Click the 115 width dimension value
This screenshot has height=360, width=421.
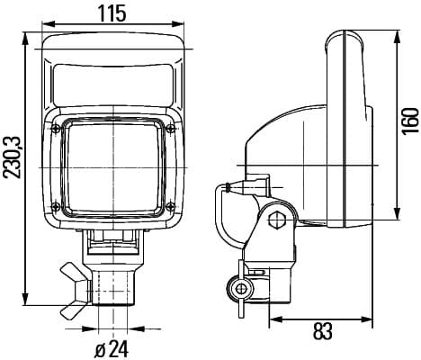(112, 13)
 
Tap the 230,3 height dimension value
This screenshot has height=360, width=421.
(13, 157)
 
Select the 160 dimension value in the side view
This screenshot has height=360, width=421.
(410, 121)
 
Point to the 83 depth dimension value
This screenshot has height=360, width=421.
(323, 331)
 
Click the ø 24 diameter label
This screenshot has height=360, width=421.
(112, 349)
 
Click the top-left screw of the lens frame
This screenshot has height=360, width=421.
(56, 129)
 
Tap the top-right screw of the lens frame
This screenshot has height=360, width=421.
(171, 129)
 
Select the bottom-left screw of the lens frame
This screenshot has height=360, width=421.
(56, 206)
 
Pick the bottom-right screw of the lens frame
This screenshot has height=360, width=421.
(170, 206)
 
